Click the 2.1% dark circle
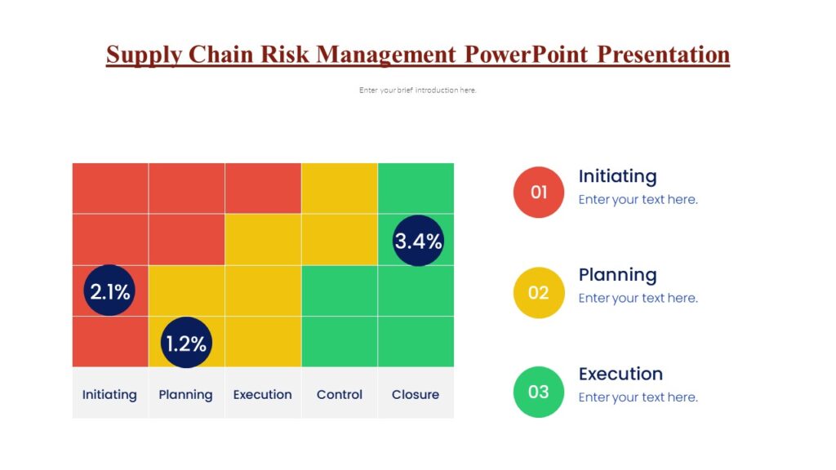(x=109, y=290)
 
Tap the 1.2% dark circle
(x=186, y=343)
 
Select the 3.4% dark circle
(x=418, y=241)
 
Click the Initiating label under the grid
(x=109, y=394)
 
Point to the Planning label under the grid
(x=185, y=394)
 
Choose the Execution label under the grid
(x=262, y=394)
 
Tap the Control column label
(x=339, y=394)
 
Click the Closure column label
(x=415, y=394)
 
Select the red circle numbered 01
(x=538, y=193)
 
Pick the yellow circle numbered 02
(x=538, y=292)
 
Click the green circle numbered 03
(x=538, y=392)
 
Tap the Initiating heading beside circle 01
(x=617, y=176)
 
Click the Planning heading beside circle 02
(x=617, y=275)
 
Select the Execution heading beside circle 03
(x=620, y=374)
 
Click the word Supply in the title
(x=144, y=55)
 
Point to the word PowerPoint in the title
(x=527, y=55)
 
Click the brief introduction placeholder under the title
(x=417, y=91)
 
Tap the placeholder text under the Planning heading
(x=638, y=299)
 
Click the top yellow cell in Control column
(x=339, y=188)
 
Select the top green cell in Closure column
(x=416, y=188)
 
